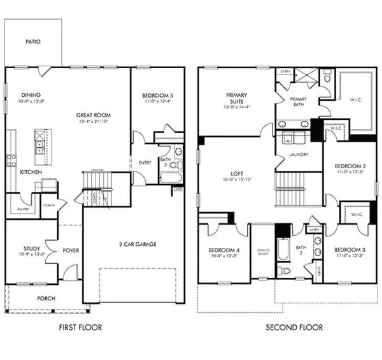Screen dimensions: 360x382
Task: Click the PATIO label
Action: click(33, 41)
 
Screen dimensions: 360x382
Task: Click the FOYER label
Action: click(71, 250)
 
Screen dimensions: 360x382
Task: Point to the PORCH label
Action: click(46, 298)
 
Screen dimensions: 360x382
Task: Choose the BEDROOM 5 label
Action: click(157, 96)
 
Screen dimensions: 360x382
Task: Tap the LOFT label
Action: click(237, 173)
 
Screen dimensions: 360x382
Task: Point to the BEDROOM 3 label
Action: click(348, 249)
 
